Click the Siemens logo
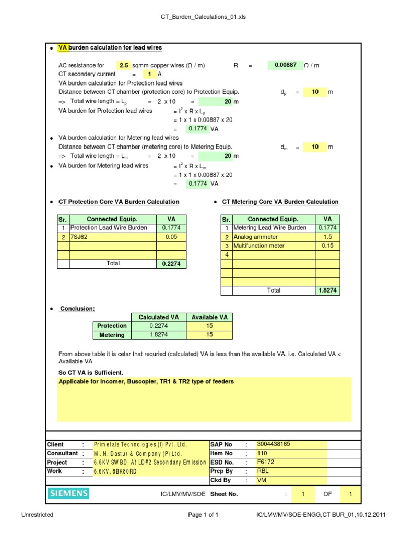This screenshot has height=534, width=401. coord(68,493)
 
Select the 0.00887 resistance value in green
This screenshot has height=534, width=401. coord(285,65)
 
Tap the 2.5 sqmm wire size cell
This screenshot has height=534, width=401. coord(124,66)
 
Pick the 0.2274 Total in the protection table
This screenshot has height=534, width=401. coord(171,264)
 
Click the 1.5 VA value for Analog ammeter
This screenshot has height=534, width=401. coord(327,237)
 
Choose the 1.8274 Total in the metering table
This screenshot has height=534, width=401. coord(327,290)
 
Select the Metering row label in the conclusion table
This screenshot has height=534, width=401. coord(112,335)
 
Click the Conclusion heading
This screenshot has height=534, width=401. coord(77,309)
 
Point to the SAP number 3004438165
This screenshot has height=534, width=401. coord(276,444)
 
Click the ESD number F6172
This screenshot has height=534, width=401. coord(265,462)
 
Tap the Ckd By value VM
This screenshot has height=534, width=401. coord(261,480)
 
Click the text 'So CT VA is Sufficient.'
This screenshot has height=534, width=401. coord(90,372)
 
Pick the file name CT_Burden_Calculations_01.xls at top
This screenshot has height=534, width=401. coord(203,17)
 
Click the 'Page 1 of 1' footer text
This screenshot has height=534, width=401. coord(203,515)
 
